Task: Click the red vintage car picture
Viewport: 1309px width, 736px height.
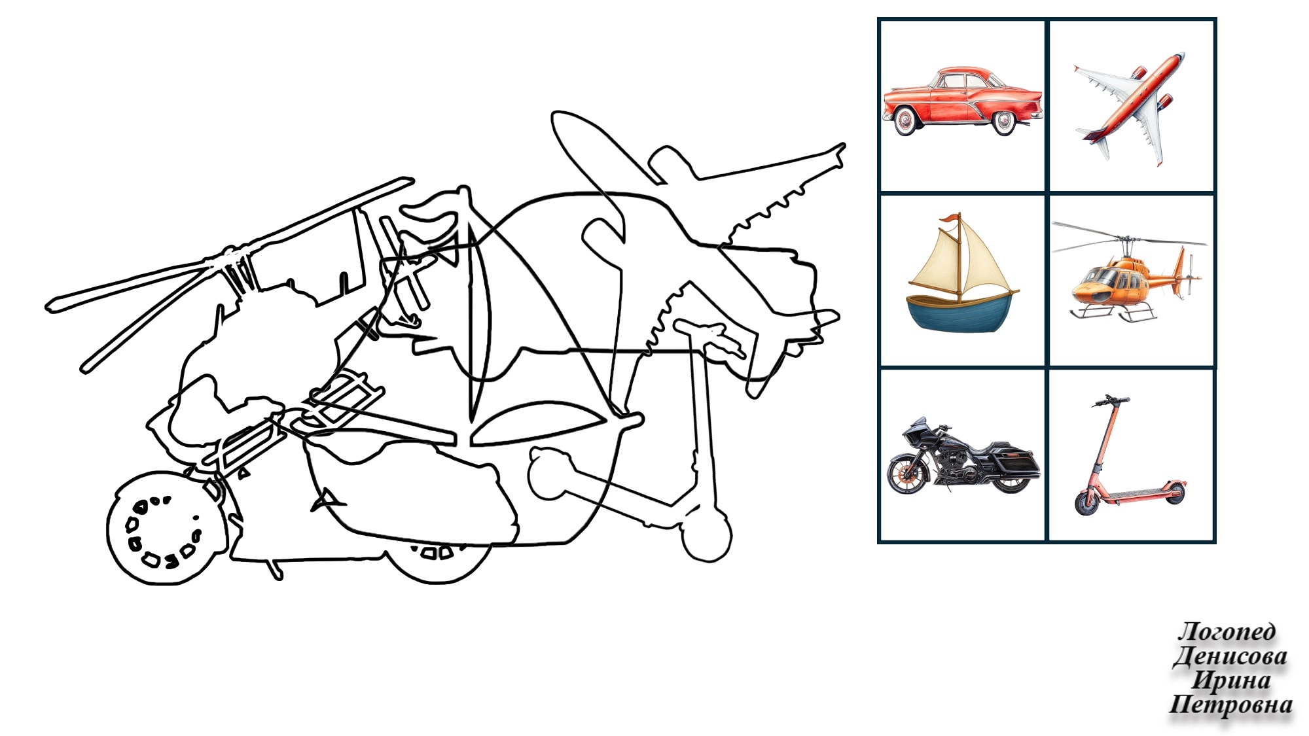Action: tap(962, 101)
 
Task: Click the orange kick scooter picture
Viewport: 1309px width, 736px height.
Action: tap(1129, 455)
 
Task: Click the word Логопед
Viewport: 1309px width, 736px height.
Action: tap(1227, 631)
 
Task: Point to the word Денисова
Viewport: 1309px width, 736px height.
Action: tap(1230, 656)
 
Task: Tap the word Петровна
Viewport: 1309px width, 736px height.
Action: tap(1230, 705)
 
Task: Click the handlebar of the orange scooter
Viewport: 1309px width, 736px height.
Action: tap(1111, 399)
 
